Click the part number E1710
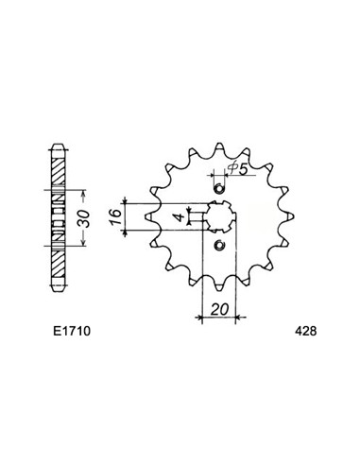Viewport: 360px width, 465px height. click(72, 331)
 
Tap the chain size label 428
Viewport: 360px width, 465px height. click(305, 331)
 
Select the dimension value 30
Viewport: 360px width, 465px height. click(84, 218)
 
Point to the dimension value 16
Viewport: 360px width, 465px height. click(115, 216)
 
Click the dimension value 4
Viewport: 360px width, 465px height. click(180, 217)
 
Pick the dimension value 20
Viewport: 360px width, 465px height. click(219, 309)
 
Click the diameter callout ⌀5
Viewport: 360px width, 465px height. click(238, 169)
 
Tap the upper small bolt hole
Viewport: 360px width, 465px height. click(219, 189)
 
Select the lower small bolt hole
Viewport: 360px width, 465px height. click(219, 245)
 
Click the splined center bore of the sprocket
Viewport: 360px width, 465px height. click(219, 216)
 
